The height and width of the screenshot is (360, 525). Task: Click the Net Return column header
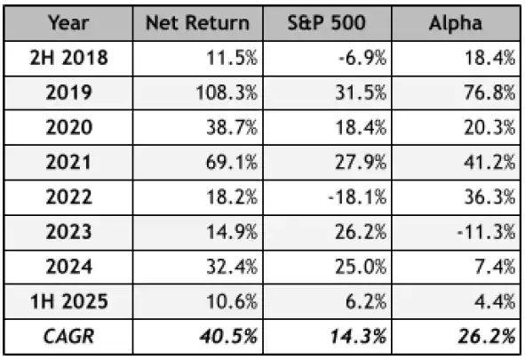click(198, 22)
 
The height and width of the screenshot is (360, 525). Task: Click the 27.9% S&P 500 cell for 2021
click(364, 161)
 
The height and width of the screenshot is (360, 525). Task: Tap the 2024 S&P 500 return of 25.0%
click(364, 266)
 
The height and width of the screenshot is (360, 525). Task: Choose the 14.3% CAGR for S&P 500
click(363, 336)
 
